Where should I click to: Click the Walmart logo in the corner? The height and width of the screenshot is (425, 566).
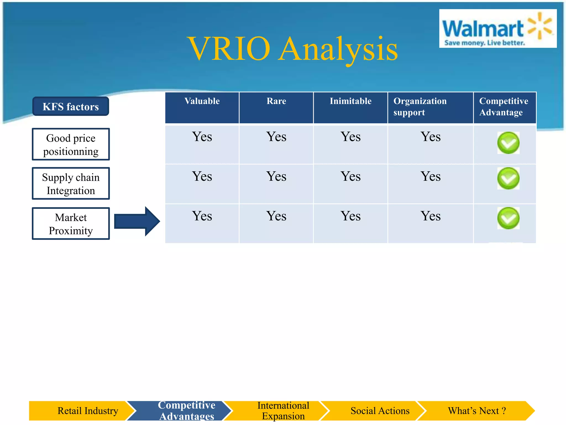(497, 28)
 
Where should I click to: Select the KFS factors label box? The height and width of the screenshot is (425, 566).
(71, 107)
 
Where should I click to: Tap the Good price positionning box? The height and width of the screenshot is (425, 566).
(71, 144)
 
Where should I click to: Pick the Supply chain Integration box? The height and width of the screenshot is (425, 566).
(71, 184)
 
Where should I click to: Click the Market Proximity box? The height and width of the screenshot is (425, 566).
(71, 224)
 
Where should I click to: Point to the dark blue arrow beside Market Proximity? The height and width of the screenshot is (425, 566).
(137, 221)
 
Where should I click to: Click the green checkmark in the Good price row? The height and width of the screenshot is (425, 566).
(508, 143)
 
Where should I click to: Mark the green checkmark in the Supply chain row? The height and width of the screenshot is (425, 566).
(508, 178)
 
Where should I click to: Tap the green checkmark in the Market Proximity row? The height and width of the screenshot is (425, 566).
(508, 218)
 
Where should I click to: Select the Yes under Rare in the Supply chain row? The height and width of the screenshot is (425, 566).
(276, 177)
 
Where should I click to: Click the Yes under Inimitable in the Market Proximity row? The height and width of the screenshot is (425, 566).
(350, 216)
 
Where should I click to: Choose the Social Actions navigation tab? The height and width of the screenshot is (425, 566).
(380, 411)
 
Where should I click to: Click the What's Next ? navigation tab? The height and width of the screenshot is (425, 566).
(476, 411)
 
